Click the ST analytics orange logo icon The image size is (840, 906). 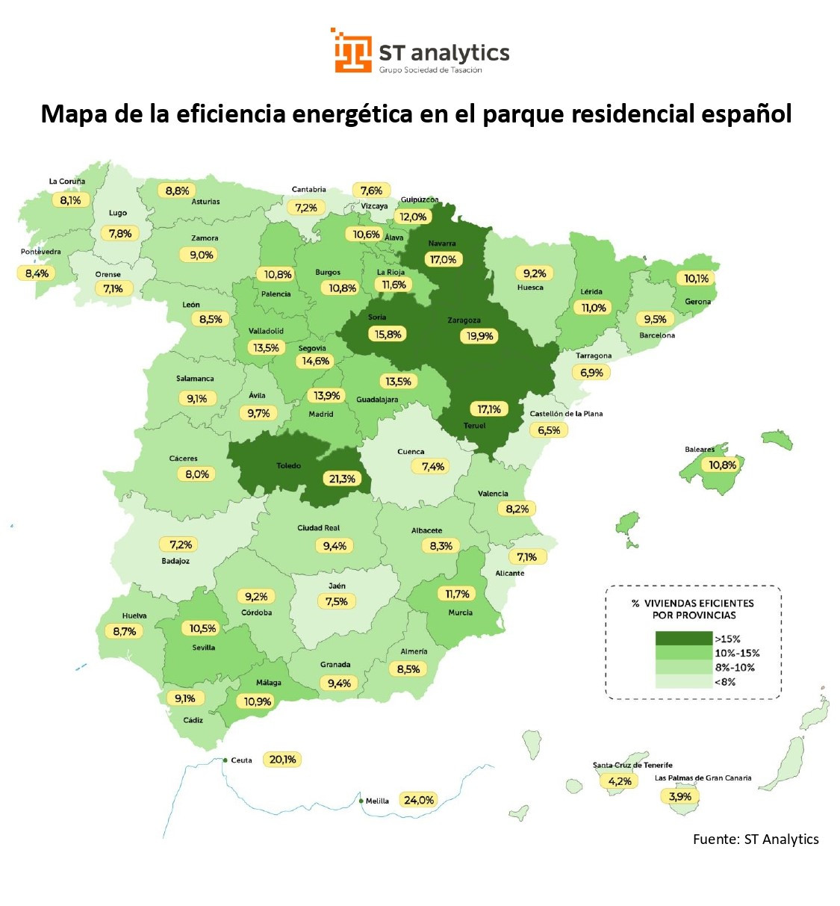pos(352,51)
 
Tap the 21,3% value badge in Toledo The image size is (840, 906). pos(342,479)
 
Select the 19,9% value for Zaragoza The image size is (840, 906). pos(480,336)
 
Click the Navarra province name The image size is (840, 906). pos(442,243)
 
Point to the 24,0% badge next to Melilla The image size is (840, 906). pos(419,800)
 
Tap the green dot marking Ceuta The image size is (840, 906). pos(225,760)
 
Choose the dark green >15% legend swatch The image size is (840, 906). pos(683,639)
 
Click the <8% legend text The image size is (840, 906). pos(725,682)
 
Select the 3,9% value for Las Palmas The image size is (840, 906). pos(680,797)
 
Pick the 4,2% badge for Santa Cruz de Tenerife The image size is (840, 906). pos(620,781)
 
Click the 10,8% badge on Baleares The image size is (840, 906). pos(722,465)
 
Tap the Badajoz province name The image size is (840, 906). pos(175,561)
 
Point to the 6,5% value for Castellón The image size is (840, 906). pos(549,430)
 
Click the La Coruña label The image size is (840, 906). pos(67,181)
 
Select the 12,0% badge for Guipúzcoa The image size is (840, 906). pos(413,217)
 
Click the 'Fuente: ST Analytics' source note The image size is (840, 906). pos(756,840)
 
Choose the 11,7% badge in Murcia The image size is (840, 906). pos(458,594)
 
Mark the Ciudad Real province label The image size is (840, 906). pos(319,528)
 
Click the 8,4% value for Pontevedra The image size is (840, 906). pos(37,273)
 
